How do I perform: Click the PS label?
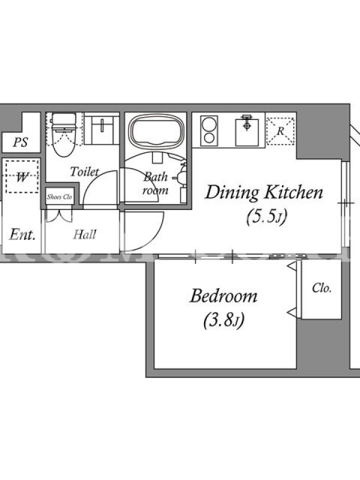[20, 142]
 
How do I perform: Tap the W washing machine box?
[22, 176]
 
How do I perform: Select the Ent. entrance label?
[22, 235]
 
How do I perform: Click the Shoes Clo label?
[59, 197]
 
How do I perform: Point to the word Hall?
[85, 235]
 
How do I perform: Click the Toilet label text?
[85, 172]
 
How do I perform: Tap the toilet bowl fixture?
[64, 134]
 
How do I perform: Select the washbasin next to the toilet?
[101, 130]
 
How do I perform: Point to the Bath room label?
[155, 184]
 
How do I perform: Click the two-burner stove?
[209, 131]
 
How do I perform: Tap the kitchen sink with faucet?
[247, 131]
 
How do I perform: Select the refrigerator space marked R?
[280, 131]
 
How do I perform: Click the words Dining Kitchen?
[264, 193]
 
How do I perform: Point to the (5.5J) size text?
[266, 217]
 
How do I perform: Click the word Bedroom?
[224, 296]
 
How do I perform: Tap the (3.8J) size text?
[224, 320]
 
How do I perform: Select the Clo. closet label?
[322, 288]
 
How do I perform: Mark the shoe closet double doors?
[59, 215]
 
